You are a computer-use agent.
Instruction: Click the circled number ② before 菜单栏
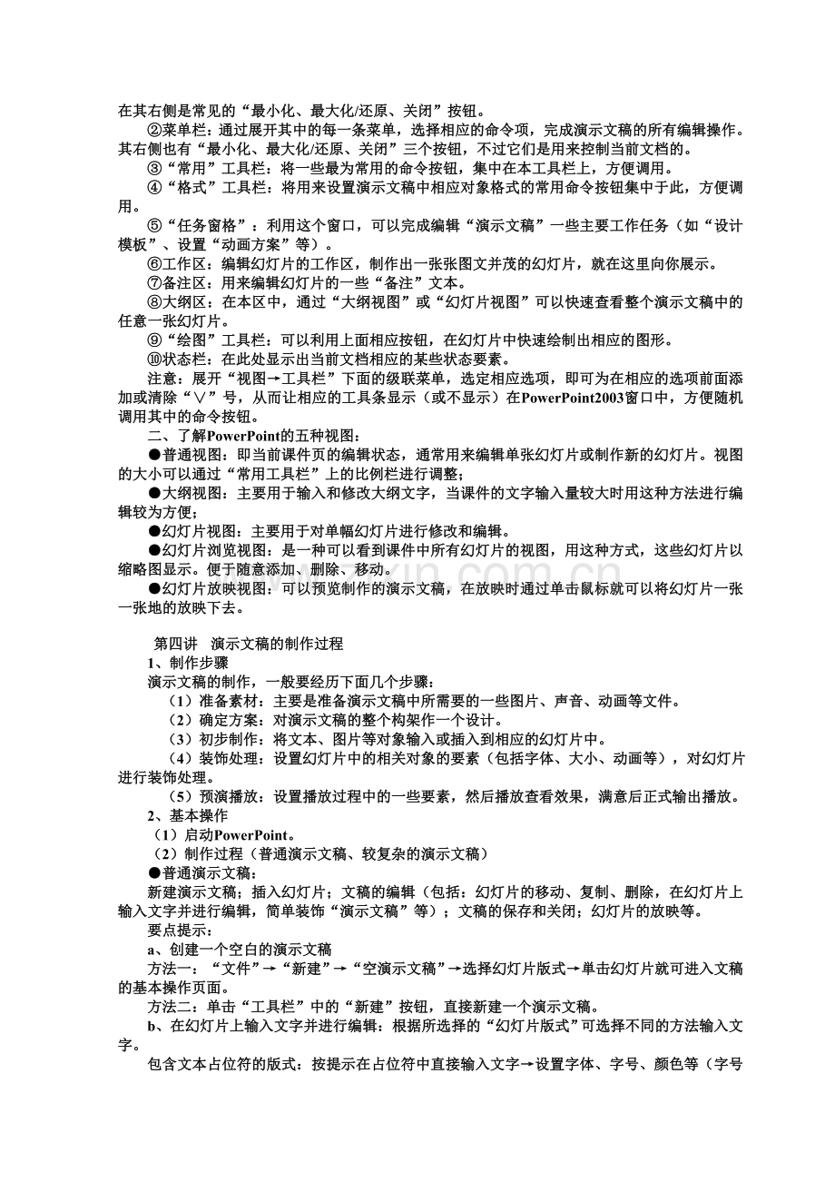154,131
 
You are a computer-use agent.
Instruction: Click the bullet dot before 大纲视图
154,493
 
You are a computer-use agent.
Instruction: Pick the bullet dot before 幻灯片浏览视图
154,550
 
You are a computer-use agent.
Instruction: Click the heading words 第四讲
172,644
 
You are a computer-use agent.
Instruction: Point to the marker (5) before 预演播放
182,796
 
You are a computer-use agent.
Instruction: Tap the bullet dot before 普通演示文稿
154,872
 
